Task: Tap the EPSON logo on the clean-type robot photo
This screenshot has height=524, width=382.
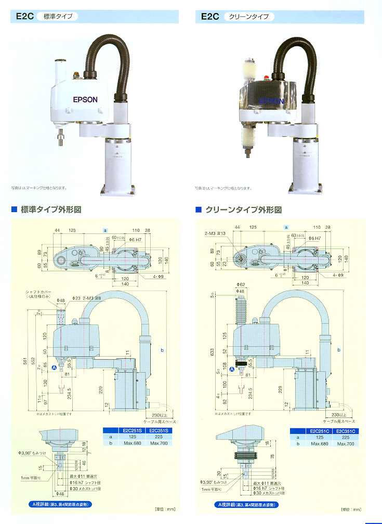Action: click(x=271, y=101)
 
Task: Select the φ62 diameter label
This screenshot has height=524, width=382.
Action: click(x=240, y=284)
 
